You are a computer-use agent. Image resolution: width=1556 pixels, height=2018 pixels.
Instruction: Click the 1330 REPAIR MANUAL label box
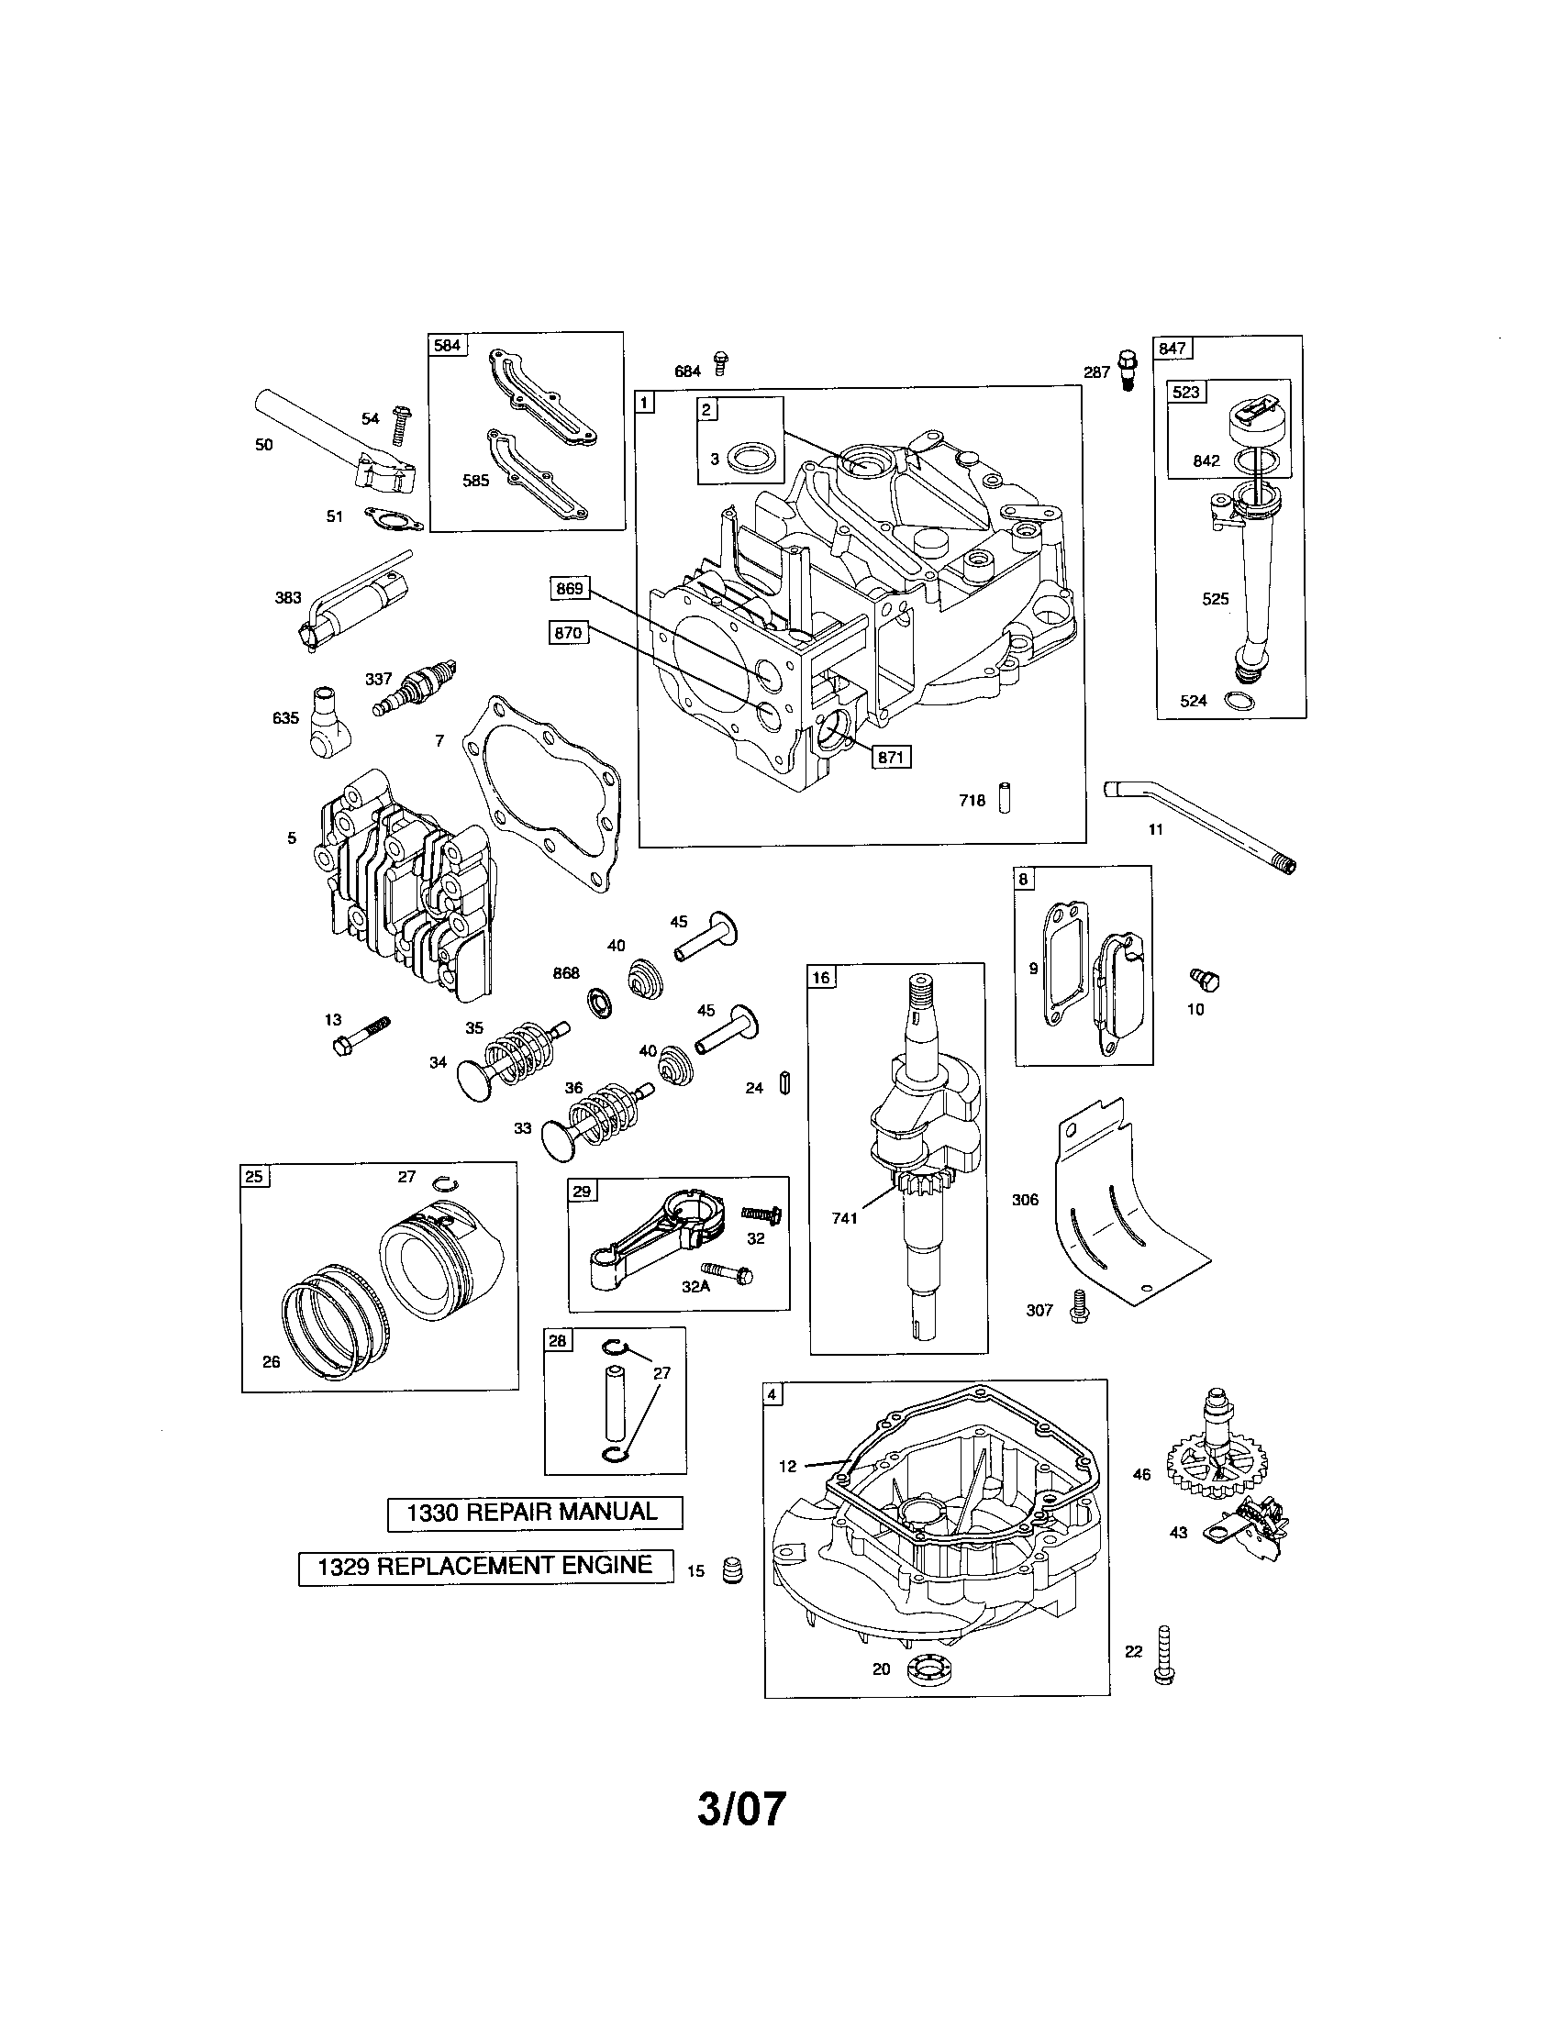[534, 1513]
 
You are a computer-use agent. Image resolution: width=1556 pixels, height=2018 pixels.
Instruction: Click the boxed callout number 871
[890, 757]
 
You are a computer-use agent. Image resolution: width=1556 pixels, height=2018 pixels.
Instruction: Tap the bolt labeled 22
[1164, 1655]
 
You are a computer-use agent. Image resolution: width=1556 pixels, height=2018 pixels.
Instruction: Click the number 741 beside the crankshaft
[844, 1218]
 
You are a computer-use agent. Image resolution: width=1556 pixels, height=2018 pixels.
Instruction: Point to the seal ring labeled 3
[748, 458]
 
